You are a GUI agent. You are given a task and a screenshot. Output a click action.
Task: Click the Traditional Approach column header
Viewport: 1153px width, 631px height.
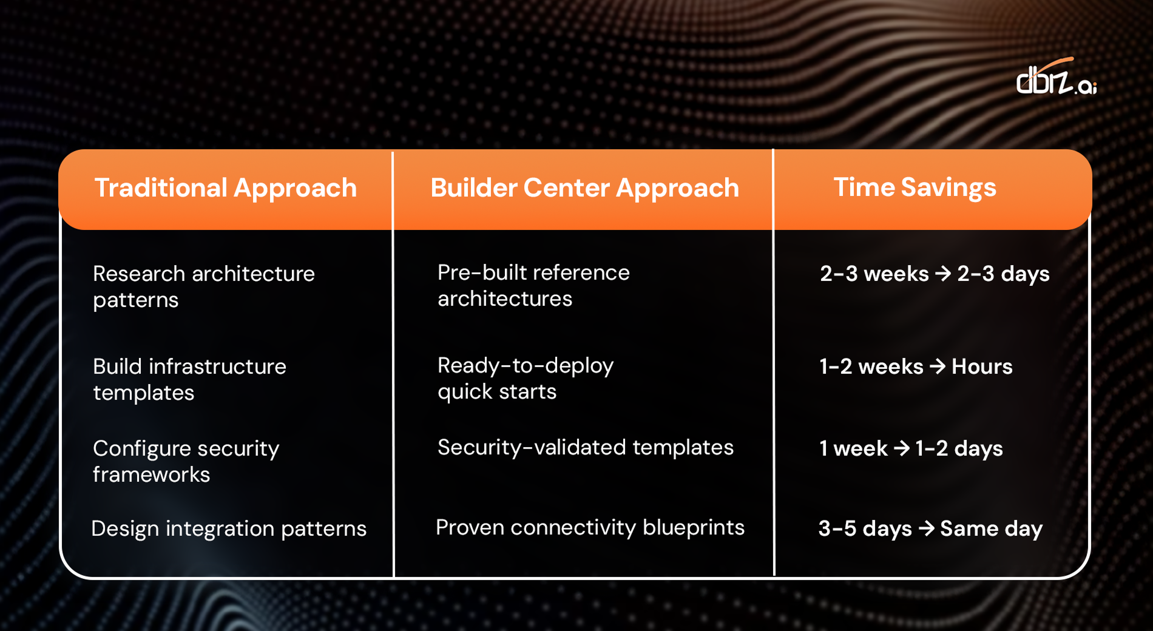point(225,188)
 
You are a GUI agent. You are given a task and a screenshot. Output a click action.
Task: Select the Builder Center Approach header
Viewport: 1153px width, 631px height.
point(584,188)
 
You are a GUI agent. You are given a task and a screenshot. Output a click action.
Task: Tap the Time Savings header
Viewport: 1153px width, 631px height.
point(915,187)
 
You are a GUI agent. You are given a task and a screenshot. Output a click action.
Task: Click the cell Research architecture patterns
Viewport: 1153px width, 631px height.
point(203,286)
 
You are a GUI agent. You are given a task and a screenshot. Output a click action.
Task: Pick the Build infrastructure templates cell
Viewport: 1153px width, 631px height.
point(189,379)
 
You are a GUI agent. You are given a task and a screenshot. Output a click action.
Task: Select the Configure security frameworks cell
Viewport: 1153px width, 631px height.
point(186,461)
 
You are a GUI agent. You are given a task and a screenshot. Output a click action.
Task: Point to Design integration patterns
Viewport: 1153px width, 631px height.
point(229,528)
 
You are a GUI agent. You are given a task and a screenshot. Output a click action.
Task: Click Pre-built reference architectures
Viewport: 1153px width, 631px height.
point(533,285)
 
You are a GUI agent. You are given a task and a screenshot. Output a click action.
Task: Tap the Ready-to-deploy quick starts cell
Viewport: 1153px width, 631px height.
point(526,378)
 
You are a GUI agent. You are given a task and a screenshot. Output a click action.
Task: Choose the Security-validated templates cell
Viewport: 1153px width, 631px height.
point(585,447)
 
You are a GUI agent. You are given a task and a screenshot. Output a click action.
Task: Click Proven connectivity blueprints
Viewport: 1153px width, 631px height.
point(590,527)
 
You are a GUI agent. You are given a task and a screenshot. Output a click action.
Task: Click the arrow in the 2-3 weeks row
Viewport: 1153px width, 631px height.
point(942,274)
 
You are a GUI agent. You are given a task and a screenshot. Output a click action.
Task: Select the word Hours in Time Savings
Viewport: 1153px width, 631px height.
point(982,366)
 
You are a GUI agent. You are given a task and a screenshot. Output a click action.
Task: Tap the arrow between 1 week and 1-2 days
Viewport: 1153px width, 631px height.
point(902,448)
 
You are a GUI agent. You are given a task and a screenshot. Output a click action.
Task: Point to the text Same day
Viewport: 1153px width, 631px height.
point(991,528)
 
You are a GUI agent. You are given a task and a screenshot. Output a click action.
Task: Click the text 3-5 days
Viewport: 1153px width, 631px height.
point(865,528)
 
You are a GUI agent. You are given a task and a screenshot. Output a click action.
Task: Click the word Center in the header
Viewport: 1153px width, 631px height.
point(569,188)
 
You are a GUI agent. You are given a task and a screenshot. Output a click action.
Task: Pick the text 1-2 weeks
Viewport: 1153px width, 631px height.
point(871,366)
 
